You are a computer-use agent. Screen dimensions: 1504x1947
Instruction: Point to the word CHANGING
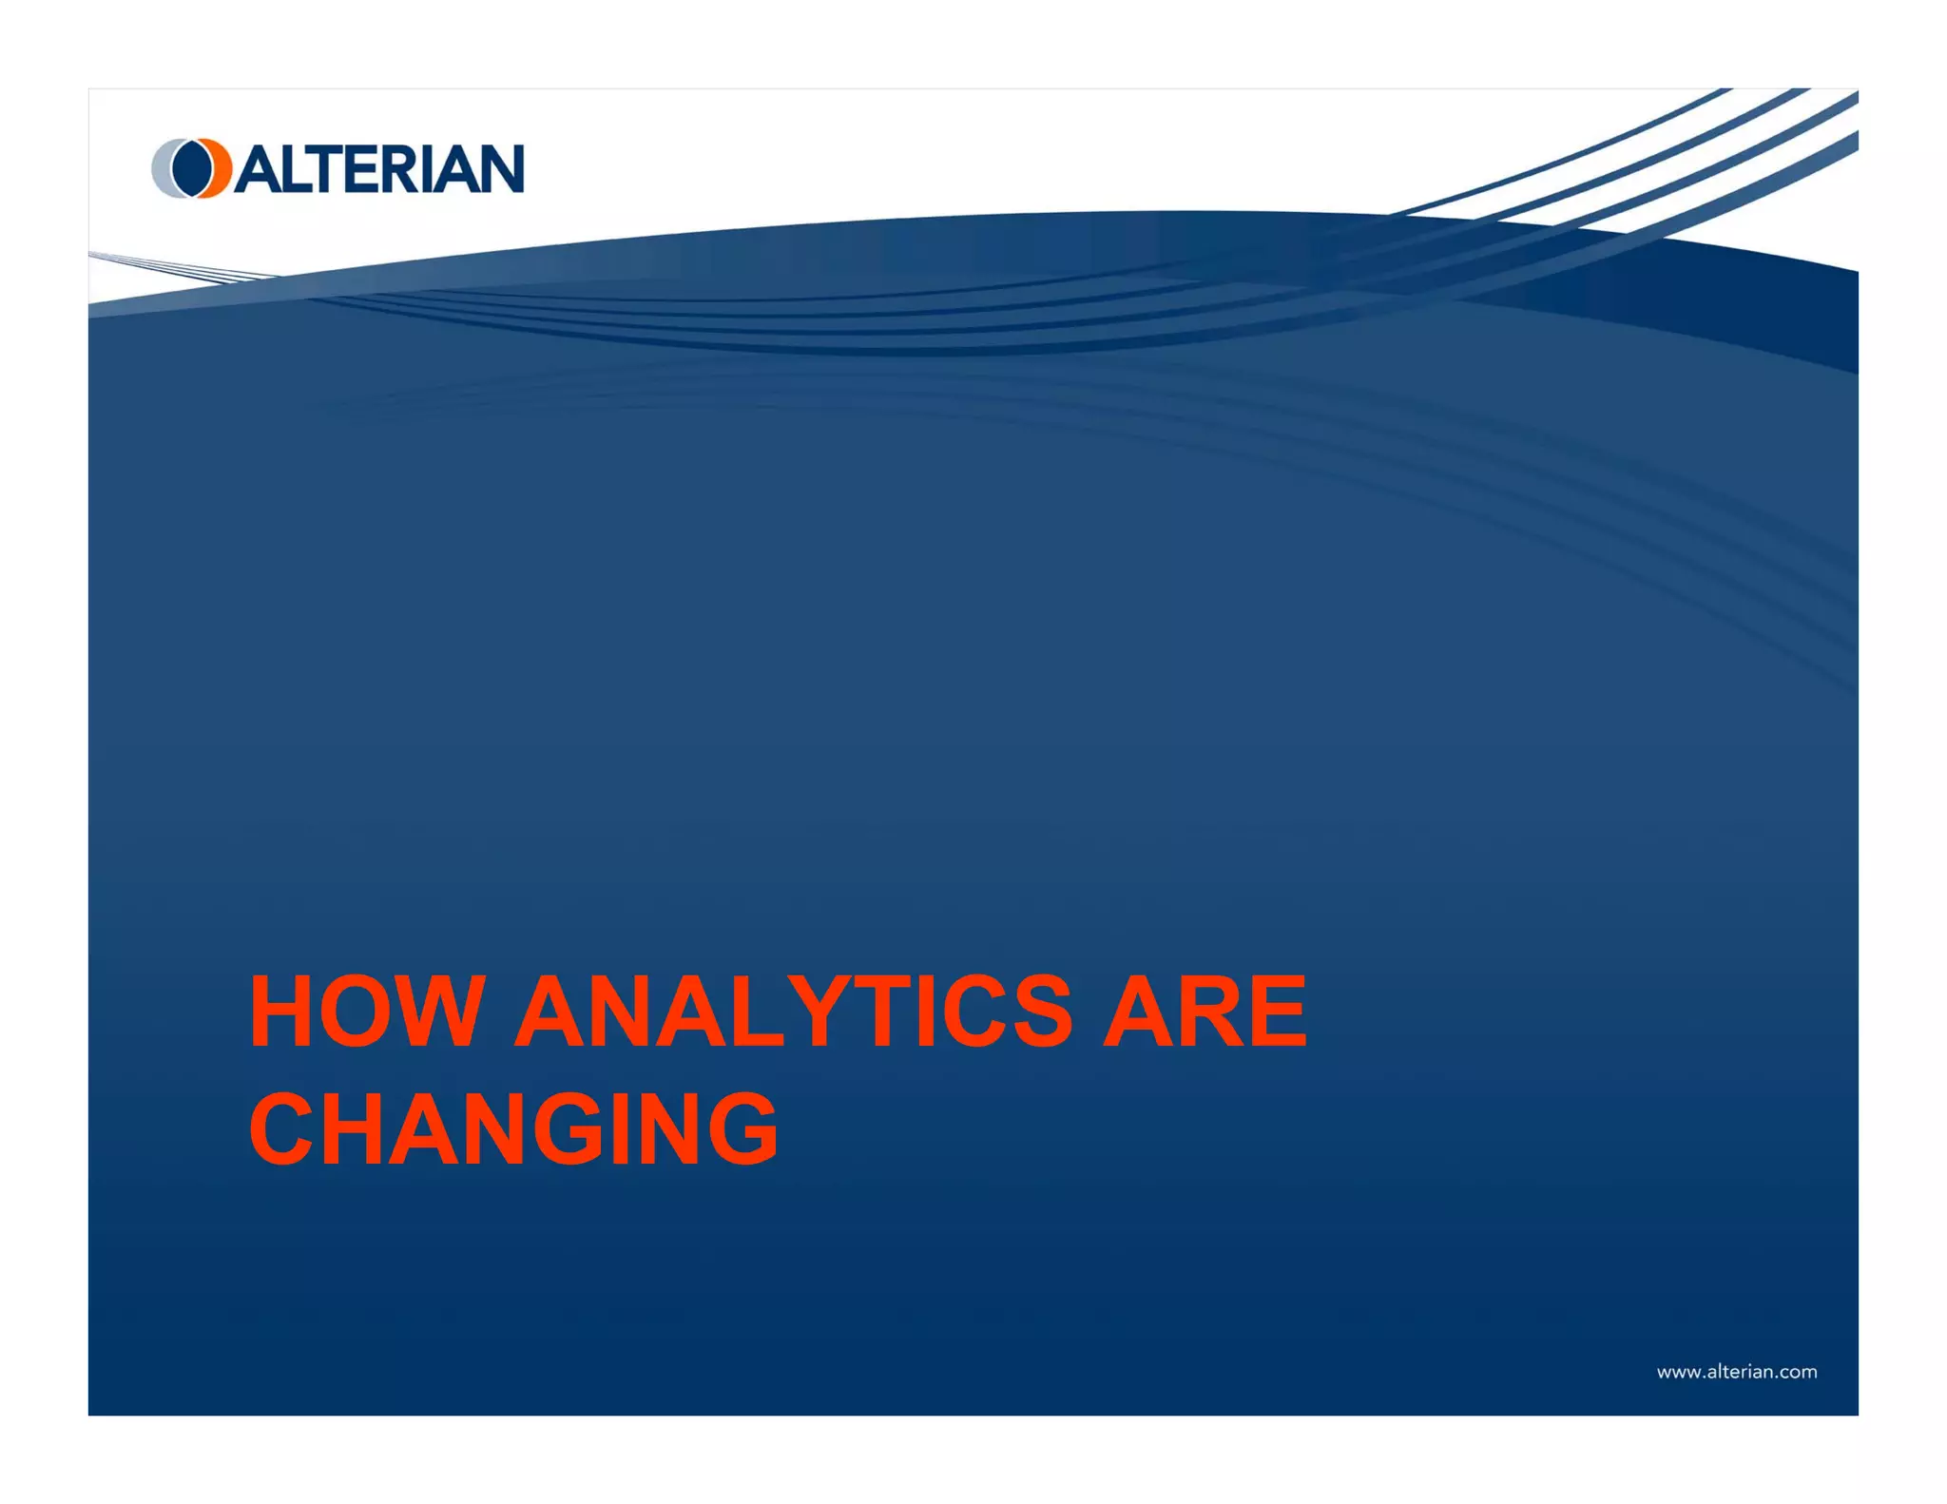(x=513, y=1128)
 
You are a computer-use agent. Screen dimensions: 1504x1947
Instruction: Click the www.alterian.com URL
(x=1736, y=1372)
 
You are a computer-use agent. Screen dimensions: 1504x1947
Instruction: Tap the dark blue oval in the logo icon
(x=191, y=168)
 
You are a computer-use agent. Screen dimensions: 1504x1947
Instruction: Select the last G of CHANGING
(x=741, y=1128)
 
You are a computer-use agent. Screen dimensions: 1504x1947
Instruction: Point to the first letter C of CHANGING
(x=284, y=1128)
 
